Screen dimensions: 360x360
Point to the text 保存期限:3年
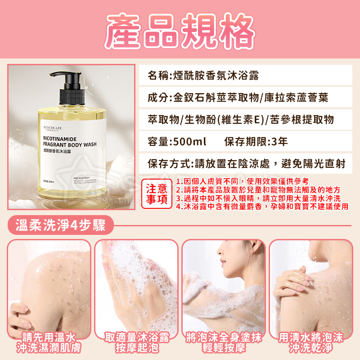(x=256, y=142)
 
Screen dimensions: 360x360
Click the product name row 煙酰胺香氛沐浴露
(x=203, y=76)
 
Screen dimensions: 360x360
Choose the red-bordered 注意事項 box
(x=157, y=193)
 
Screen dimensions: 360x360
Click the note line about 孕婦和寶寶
(x=262, y=207)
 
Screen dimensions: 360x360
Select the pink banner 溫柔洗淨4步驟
(x=60, y=225)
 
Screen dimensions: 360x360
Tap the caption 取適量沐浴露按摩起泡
(x=136, y=342)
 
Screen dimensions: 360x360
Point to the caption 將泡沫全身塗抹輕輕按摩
(x=224, y=342)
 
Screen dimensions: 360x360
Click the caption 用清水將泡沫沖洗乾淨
(x=311, y=342)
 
